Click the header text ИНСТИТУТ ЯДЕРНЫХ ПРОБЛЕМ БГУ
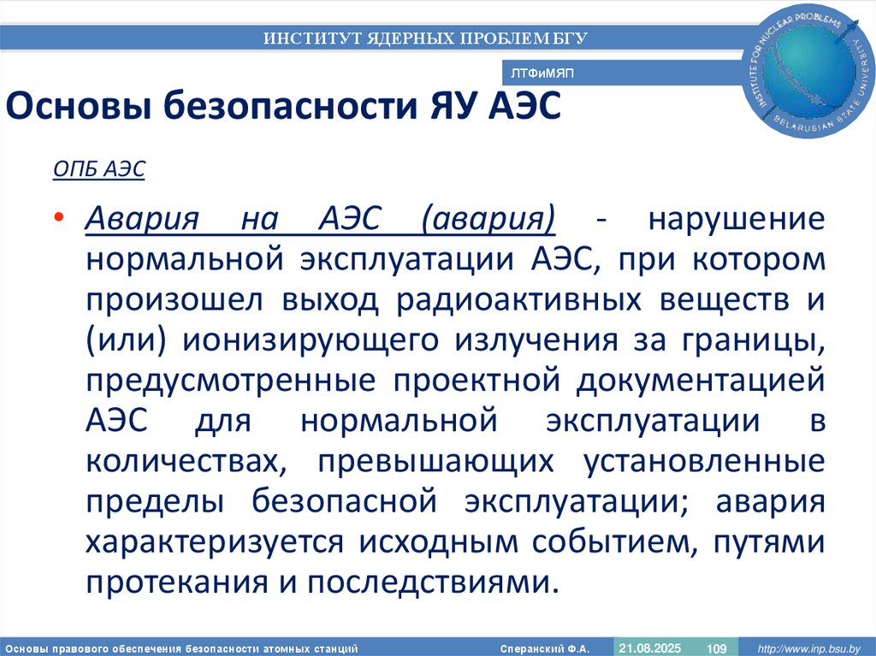tap(425, 38)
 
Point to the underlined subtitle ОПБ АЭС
tap(99, 169)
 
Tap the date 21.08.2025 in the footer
tap(648, 647)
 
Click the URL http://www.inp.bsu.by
tap(806, 647)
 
